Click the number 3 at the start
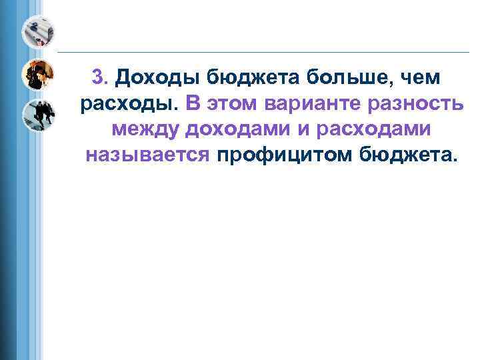coord(98,78)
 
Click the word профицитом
coord(285,155)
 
